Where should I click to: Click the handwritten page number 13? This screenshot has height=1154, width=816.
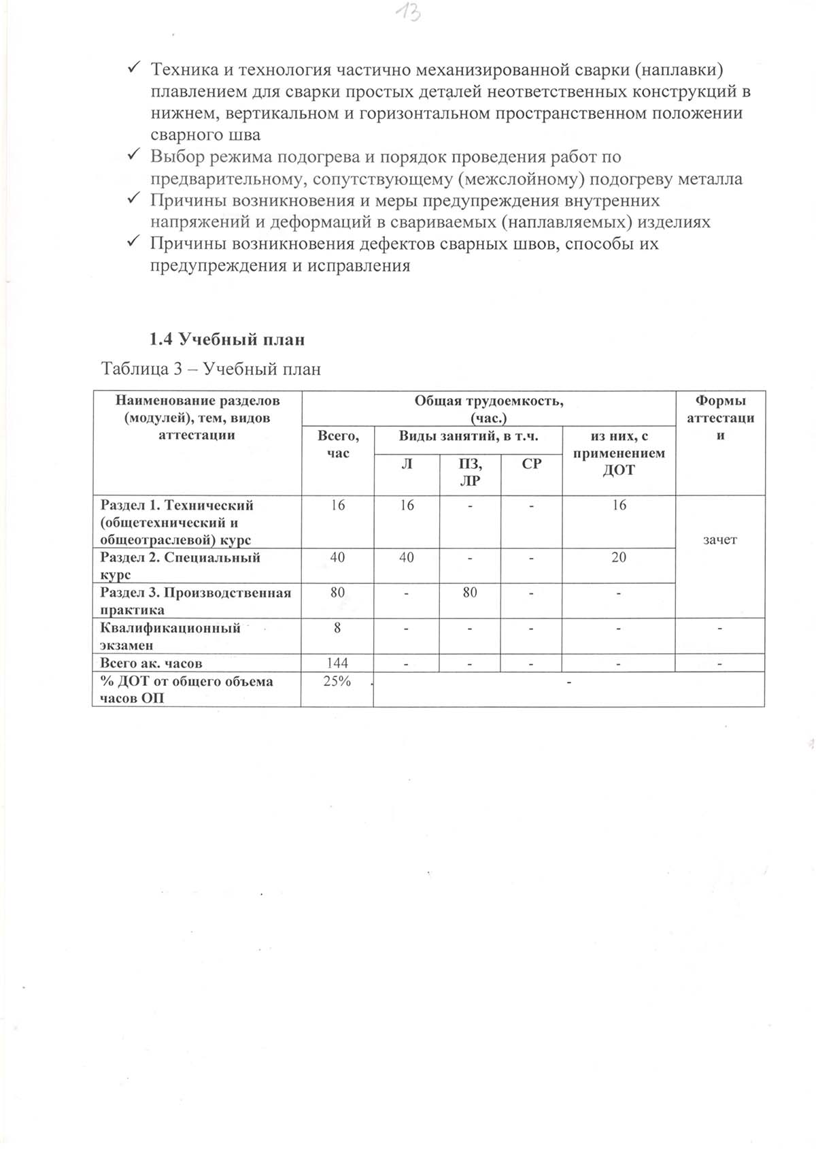pyautogui.click(x=409, y=12)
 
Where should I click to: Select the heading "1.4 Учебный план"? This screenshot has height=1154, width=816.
pyautogui.click(x=227, y=339)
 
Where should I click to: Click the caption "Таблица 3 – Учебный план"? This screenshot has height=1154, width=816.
pyautogui.click(x=211, y=369)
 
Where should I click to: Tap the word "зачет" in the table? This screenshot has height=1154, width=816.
pyautogui.click(x=720, y=540)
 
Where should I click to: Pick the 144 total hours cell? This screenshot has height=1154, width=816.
pyautogui.click(x=337, y=662)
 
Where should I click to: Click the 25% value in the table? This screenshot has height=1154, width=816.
pyautogui.click(x=337, y=681)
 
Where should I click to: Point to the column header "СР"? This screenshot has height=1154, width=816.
pyautogui.click(x=531, y=464)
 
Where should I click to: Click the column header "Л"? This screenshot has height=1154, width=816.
pyautogui.click(x=407, y=464)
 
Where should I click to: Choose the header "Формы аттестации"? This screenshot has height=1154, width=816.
pyautogui.click(x=720, y=418)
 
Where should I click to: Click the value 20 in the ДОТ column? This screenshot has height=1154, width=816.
pyautogui.click(x=618, y=557)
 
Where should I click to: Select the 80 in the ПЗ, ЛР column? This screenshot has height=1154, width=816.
pyautogui.click(x=470, y=592)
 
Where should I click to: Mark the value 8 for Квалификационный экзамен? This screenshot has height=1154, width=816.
pyautogui.click(x=337, y=627)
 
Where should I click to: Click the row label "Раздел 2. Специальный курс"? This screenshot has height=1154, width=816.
pyautogui.click(x=180, y=565)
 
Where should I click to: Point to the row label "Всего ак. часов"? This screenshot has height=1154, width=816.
pyautogui.click(x=151, y=662)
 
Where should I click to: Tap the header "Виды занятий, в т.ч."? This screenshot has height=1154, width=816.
pyautogui.click(x=468, y=436)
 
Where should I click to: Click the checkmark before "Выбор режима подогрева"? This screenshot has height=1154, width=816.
pyautogui.click(x=134, y=156)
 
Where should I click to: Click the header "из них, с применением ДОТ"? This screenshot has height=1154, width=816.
pyautogui.click(x=618, y=453)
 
